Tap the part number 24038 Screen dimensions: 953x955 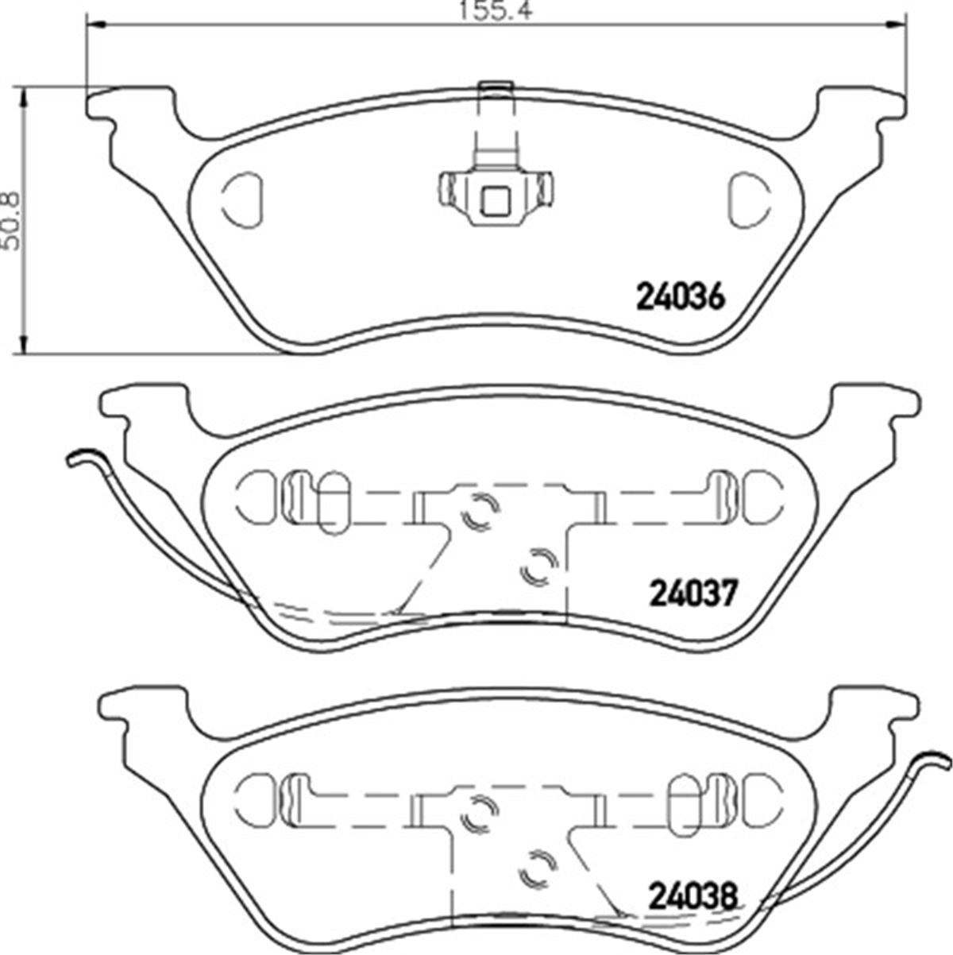point(693,896)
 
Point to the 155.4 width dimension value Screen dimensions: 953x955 point(496,10)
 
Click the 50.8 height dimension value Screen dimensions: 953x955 point(12,221)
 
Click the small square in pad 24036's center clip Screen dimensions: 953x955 point(496,202)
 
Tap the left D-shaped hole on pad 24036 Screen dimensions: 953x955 point(242,199)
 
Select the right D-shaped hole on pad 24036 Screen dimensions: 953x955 point(750,199)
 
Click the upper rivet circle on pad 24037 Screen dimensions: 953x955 point(480,512)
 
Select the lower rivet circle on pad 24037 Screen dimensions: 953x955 point(540,566)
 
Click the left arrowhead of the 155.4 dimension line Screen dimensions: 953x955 point(99,24)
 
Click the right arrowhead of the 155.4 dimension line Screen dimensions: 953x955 point(893,24)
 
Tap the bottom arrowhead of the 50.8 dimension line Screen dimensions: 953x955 point(23,341)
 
